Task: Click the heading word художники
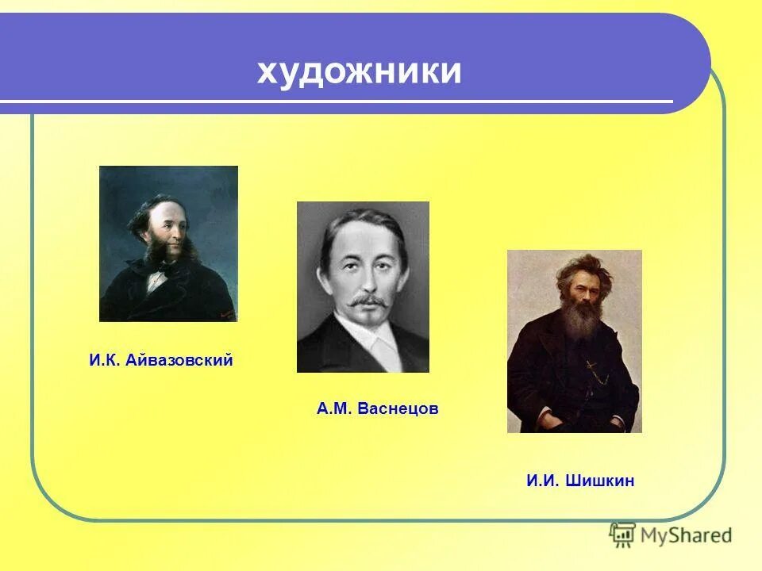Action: (359, 72)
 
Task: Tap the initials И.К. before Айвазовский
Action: (104, 361)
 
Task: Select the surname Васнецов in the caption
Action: (398, 409)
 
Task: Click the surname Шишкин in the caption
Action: (600, 481)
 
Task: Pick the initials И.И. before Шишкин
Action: (544, 481)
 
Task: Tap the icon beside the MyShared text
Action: (623, 535)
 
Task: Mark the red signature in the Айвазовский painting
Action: (228, 316)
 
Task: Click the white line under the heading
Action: (333, 102)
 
